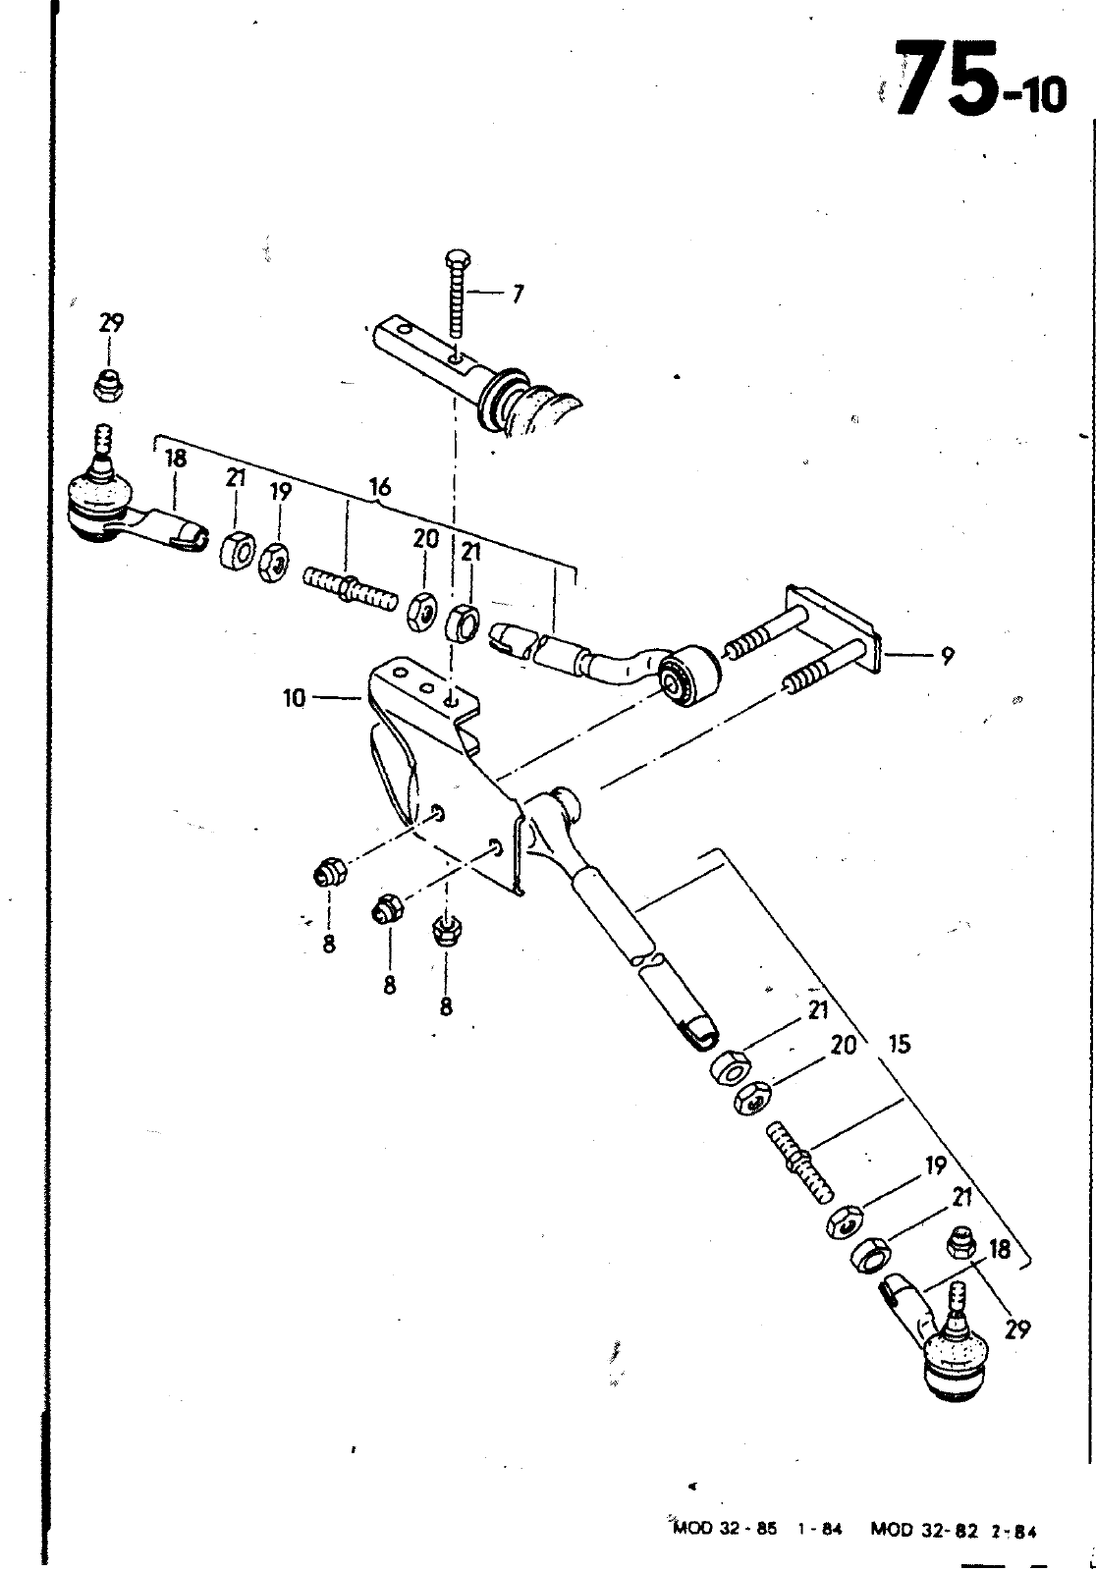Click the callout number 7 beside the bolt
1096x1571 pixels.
coord(518,295)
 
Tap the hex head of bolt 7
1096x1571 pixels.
coord(457,258)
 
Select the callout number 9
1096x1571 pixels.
coord(948,657)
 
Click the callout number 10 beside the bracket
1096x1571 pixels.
coord(295,698)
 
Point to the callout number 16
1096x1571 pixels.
coord(380,487)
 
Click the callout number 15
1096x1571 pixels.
coord(899,1044)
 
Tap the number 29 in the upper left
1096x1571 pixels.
coord(112,323)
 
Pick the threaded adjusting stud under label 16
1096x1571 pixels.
coord(351,588)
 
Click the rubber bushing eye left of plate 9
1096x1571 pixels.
coord(690,677)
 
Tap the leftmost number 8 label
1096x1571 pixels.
coord(328,944)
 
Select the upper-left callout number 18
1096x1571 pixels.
coord(177,460)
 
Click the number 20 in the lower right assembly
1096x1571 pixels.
coord(843,1045)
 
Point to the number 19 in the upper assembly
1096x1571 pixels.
coord(280,492)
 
